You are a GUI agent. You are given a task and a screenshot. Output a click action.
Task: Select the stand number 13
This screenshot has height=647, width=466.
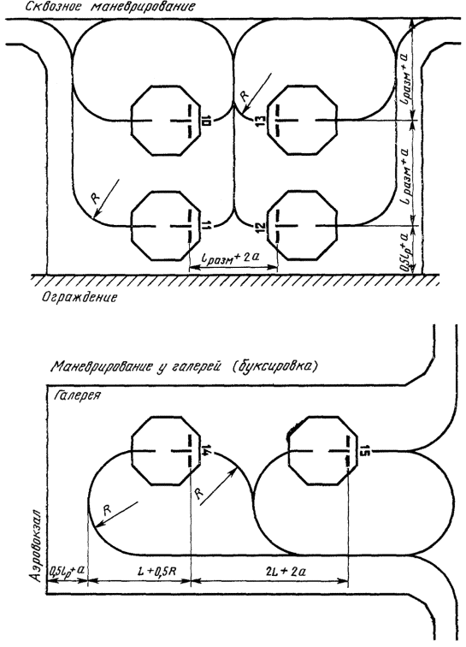pyautogui.click(x=260, y=121)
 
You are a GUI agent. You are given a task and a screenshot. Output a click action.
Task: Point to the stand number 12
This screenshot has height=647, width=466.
pyautogui.click(x=260, y=227)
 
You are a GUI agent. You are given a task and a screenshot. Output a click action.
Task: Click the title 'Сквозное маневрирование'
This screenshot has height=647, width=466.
pyautogui.click(x=110, y=7)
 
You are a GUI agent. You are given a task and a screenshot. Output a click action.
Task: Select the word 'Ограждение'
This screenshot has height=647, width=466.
pyautogui.click(x=80, y=297)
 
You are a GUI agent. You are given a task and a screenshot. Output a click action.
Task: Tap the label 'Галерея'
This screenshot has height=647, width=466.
pyautogui.click(x=77, y=395)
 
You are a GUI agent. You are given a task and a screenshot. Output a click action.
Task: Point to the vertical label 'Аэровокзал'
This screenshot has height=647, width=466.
pyautogui.click(x=38, y=546)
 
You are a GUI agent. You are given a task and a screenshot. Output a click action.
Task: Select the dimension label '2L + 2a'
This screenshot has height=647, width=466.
pyautogui.click(x=286, y=571)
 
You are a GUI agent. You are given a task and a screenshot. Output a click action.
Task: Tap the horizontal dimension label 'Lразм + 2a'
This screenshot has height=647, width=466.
pyautogui.click(x=232, y=258)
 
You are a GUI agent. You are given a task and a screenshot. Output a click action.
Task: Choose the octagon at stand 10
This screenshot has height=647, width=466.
pyautogui.click(x=166, y=121)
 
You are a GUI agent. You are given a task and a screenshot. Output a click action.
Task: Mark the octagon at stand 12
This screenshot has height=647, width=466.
pyautogui.click(x=302, y=225)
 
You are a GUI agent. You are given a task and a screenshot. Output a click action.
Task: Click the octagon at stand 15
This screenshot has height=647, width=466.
pyautogui.click(x=321, y=450)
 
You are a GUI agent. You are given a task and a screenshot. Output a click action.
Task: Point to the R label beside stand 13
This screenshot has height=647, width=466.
pyautogui.click(x=245, y=96)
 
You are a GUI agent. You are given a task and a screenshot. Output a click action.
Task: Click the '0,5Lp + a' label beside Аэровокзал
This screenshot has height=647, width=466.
pyautogui.click(x=68, y=571)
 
